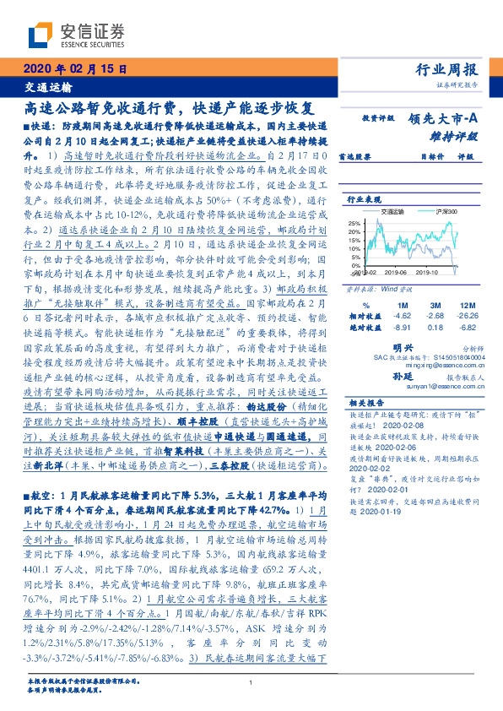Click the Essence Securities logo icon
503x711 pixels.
(41, 35)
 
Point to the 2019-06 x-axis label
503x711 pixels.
(395, 272)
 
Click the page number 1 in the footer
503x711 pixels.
(251, 682)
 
